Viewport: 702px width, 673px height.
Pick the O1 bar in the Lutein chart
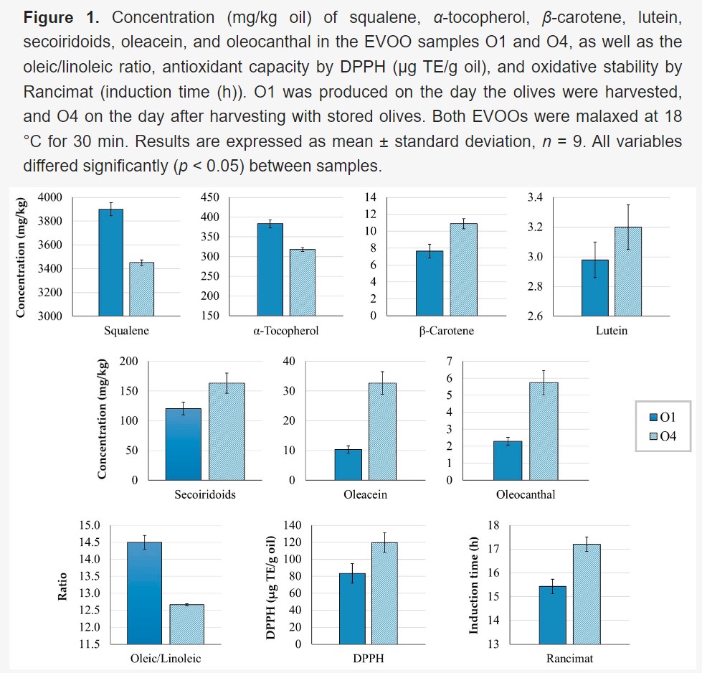click(594, 287)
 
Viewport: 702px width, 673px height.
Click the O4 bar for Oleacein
click(382, 431)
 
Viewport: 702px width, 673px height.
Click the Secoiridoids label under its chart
click(205, 494)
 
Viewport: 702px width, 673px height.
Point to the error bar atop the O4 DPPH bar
click(384, 542)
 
